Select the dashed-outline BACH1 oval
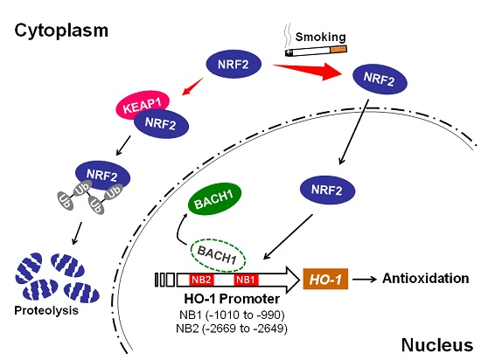click(x=218, y=255)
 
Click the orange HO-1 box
click(x=325, y=279)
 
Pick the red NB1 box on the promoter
click(x=246, y=280)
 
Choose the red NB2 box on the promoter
click(x=201, y=280)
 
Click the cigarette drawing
click(x=316, y=51)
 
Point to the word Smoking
click(x=321, y=37)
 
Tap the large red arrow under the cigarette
click(x=307, y=72)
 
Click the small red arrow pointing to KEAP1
click(x=193, y=87)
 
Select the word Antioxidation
click(x=426, y=279)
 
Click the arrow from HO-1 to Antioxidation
click(x=365, y=279)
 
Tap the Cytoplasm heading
click(x=61, y=31)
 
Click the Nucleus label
click(x=437, y=345)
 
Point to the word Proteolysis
click(x=46, y=311)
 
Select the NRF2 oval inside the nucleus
click(x=327, y=190)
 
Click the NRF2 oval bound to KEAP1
click(x=161, y=124)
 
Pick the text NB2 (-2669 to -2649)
click(x=232, y=329)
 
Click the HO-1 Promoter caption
click(x=232, y=299)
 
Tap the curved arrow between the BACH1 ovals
click(x=181, y=229)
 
